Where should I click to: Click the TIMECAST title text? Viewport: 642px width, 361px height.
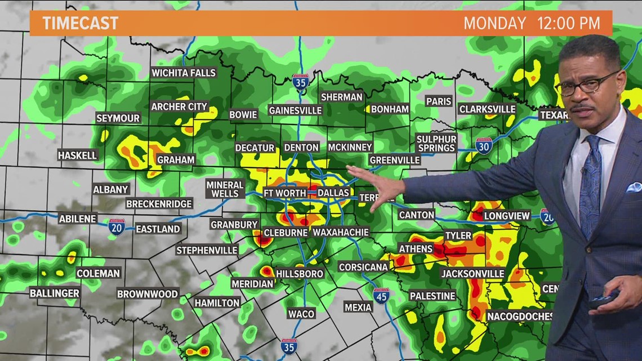click(81, 23)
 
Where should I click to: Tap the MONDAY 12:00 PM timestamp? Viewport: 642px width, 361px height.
click(531, 24)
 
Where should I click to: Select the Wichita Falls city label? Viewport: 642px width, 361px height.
click(184, 73)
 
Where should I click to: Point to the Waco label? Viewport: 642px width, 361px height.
click(301, 314)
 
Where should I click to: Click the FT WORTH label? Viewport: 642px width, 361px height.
click(284, 193)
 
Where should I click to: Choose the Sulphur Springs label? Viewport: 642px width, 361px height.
click(436, 144)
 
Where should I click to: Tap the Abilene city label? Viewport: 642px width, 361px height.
click(78, 219)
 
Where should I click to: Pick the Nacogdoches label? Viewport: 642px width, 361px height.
click(519, 316)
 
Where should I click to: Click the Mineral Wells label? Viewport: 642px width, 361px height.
click(225, 189)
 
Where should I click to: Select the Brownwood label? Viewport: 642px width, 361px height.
click(148, 294)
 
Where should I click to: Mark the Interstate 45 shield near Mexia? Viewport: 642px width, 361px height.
click(381, 295)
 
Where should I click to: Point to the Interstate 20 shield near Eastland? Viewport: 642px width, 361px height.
click(117, 226)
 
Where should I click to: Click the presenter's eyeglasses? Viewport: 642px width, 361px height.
click(586, 86)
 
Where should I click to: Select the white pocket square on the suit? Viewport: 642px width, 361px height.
click(634, 187)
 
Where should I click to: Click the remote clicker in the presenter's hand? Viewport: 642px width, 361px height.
click(603, 298)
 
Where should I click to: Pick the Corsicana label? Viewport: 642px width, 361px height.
click(364, 267)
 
